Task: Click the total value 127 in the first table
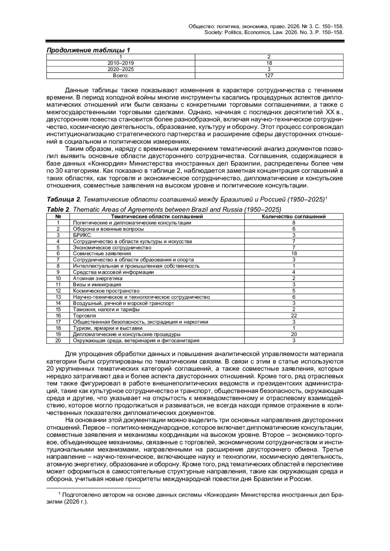269,75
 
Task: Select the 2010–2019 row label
121,63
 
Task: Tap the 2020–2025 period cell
121,69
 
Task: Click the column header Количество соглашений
293,217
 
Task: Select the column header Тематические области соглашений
157,217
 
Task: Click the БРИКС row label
82,235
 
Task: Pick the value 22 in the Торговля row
294,316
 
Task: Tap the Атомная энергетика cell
97,278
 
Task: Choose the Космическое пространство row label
106,291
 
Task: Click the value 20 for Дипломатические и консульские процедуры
294,334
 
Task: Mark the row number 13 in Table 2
58,297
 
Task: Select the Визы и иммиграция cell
97,285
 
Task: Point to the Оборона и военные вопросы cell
108,229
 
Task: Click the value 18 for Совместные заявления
294,254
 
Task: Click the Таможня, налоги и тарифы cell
106,309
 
